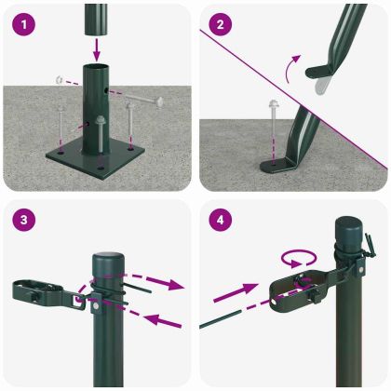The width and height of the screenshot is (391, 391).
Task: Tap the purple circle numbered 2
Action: click(220, 25)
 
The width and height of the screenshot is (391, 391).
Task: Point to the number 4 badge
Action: click(220, 222)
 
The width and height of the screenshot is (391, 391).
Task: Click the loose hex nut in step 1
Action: click(58, 80)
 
